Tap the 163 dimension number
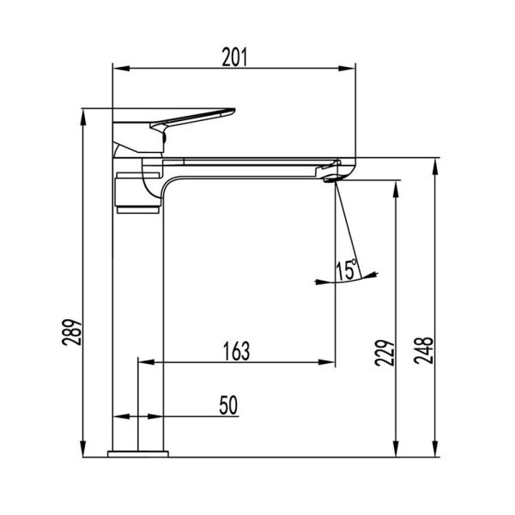(x=236, y=351)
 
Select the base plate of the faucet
(x=139, y=451)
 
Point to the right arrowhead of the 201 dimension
(x=350, y=69)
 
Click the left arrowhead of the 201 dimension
(x=120, y=69)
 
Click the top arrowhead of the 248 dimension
(x=436, y=164)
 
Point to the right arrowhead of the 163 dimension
(x=330, y=363)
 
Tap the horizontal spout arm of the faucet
(x=249, y=163)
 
